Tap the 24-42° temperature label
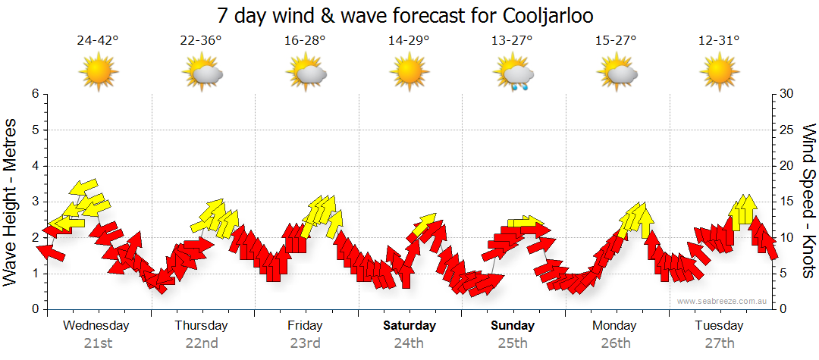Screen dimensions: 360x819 coord(98,41)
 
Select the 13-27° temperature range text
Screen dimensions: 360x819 coord(513,41)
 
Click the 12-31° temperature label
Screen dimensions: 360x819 coord(720,41)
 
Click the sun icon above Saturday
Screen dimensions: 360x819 coord(409,73)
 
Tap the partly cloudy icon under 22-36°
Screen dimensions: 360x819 coord(202,74)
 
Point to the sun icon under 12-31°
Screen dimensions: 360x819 coord(720,73)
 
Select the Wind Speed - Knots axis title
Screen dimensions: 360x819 coord(808,202)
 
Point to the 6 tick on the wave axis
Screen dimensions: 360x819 coord(34,94)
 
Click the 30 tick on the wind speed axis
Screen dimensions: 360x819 coord(786,94)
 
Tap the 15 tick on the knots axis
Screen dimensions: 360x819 coord(786,202)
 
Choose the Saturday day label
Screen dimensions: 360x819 coord(409,326)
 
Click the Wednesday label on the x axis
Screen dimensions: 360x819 coord(96,326)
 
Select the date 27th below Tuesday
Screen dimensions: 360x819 coord(720,343)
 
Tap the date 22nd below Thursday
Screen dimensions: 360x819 coord(202,343)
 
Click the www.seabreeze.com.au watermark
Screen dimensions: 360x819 coord(723,302)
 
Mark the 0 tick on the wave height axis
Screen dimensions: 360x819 coord(34,309)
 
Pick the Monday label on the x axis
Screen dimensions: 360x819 coord(615,326)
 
